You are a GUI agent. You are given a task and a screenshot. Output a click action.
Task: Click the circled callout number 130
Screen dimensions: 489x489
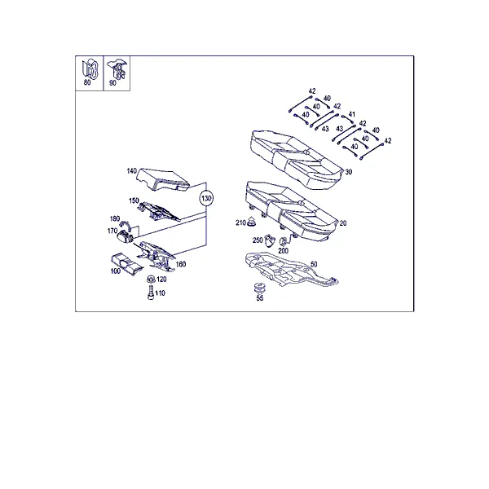tap(206, 198)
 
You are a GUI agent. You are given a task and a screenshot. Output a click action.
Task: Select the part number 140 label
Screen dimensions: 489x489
tap(131, 171)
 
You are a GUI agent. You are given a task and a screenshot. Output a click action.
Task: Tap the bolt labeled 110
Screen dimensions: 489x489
tap(151, 293)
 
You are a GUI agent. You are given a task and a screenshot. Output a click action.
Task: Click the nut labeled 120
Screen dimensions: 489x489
tap(151, 279)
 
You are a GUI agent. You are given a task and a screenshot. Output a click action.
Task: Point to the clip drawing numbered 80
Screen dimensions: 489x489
tap(90, 68)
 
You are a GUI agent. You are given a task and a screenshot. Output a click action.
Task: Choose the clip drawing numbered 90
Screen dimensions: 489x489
tap(117, 69)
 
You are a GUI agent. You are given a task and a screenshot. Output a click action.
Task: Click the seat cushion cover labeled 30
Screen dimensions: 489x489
tap(295, 159)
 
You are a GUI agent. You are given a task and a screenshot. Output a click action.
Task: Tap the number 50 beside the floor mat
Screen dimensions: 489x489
tap(314, 264)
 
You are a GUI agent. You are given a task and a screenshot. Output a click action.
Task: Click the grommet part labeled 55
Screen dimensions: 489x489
tap(258, 289)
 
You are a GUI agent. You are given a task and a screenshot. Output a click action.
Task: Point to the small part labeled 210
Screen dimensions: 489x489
tap(251, 221)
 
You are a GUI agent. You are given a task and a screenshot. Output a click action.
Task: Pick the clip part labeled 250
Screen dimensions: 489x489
tap(270, 240)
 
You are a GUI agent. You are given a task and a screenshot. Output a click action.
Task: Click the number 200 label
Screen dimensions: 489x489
tap(283, 251)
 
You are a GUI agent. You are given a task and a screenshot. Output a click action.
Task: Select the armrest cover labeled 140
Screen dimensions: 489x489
tap(163, 179)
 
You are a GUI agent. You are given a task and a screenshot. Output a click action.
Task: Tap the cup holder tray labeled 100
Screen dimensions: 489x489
tap(126, 264)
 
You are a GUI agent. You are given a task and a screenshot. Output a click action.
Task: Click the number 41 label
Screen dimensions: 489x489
tap(351, 114)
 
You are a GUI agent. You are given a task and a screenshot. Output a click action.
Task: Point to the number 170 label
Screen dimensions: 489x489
tap(112, 231)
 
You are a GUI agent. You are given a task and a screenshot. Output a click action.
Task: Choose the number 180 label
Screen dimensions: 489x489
tap(115, 219)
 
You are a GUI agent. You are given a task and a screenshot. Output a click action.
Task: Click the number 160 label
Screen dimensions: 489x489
tap(181, 264)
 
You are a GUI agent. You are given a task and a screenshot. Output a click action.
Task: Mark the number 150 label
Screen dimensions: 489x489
tap(134, 200)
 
